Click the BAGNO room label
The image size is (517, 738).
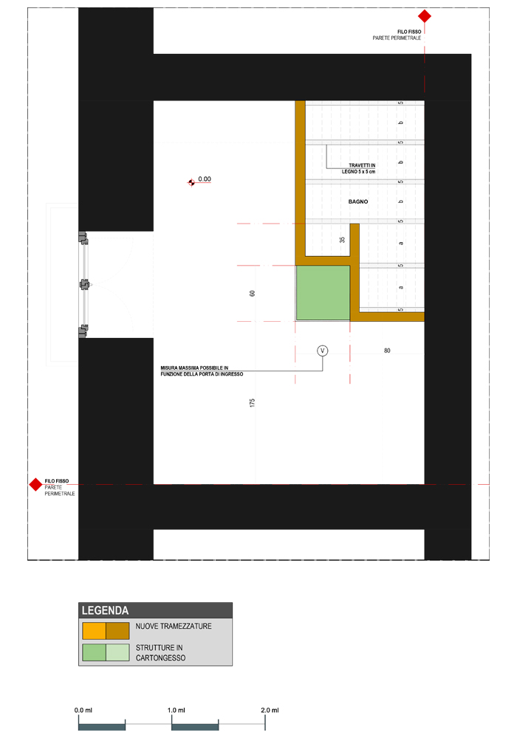[358, 201]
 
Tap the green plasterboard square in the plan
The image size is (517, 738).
[323, 293]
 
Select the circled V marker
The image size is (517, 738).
[323, 351]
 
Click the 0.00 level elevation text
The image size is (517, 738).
[205, 179]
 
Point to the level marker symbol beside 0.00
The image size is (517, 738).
[191, 182]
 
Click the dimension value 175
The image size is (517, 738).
[253, 403]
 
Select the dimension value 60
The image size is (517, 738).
[253, 293]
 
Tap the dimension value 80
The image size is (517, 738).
[387, 351]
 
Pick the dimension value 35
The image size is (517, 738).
[342, 240]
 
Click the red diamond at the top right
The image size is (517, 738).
[425, 16]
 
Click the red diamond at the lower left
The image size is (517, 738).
[35, 484]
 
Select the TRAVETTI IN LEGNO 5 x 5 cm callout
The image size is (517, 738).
[359, 168]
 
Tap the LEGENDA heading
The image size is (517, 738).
[105, 610]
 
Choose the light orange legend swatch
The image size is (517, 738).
[95, 631]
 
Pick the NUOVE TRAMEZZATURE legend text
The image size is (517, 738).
[174, 626]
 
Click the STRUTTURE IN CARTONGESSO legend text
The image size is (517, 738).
[160, 653]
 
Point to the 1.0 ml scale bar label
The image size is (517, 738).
[176, 710]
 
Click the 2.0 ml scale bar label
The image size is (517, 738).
[270, 710]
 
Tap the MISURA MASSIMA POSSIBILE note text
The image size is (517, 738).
[202, 371]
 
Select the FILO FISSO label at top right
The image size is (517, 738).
[409, 32]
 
